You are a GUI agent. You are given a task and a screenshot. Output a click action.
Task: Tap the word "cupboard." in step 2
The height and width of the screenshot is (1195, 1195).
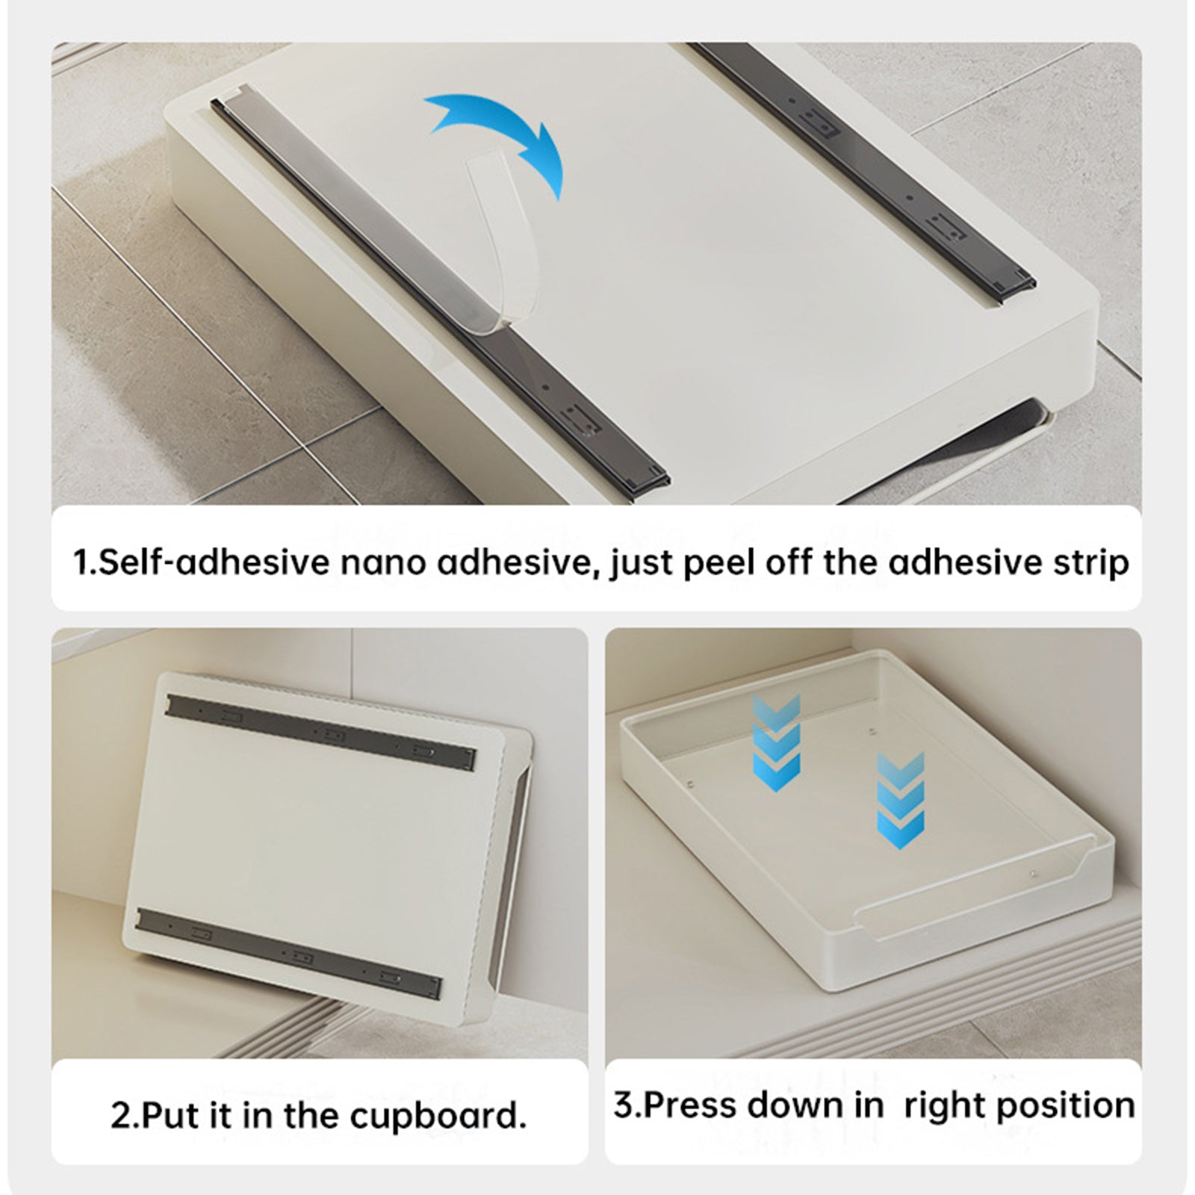438,1116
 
